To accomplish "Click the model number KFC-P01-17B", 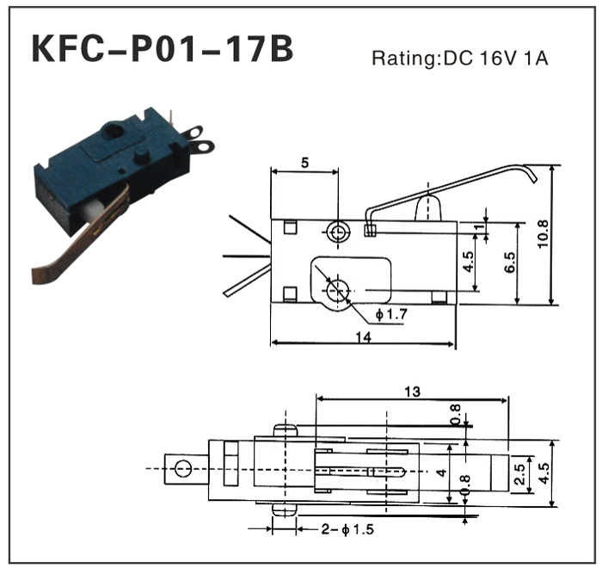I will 162,49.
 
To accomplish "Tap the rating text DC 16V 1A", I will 459,59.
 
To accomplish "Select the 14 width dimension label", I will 362,338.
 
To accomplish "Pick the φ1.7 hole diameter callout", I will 390,313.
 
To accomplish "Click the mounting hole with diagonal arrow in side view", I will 338,291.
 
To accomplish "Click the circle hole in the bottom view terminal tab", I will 181,469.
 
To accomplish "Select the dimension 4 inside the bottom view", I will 439,472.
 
